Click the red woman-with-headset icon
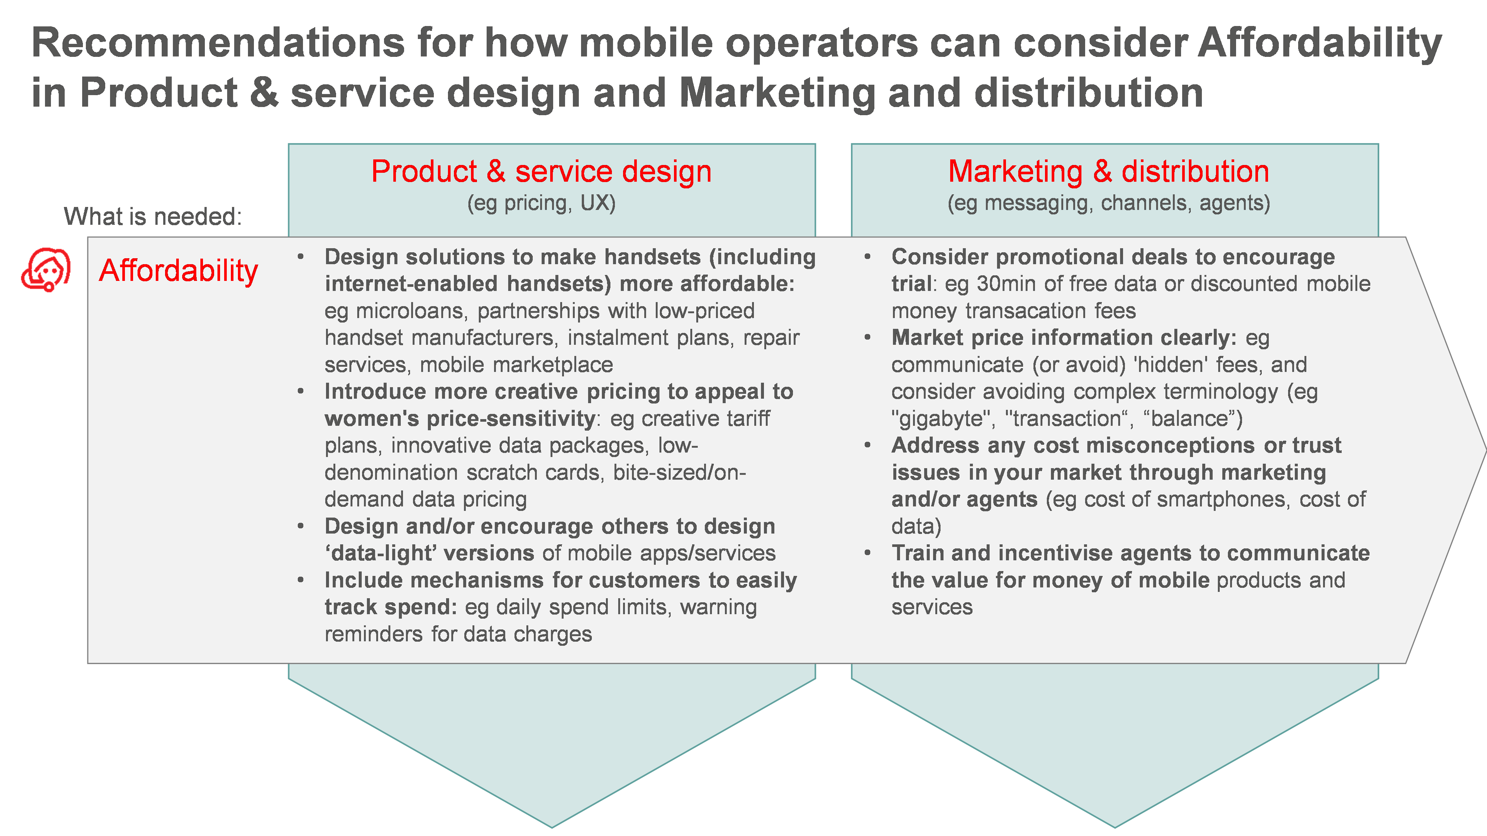(46, 269)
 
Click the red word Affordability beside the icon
(178, 270)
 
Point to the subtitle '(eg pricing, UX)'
(542, 203)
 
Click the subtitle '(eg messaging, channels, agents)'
(1109, 203)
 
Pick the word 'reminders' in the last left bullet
(374, 634)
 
